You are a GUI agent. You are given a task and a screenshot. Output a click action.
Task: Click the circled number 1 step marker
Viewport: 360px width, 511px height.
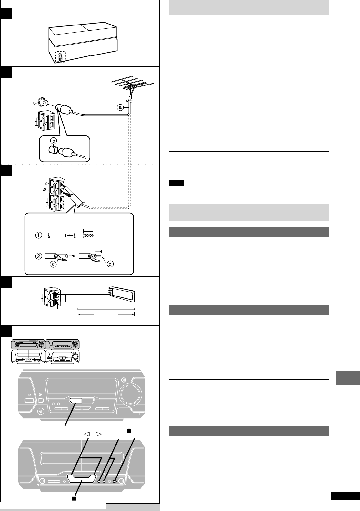click(38, 235)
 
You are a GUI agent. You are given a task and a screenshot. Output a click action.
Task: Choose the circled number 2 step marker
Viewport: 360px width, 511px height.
click(38, 257)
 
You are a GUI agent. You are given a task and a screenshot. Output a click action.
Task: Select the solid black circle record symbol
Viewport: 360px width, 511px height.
click(128, 431)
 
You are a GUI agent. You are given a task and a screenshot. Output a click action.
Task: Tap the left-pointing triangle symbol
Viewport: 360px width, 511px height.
click(86, 434)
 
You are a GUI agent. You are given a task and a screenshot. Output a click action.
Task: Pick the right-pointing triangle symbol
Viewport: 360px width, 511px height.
click(98, 434)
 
